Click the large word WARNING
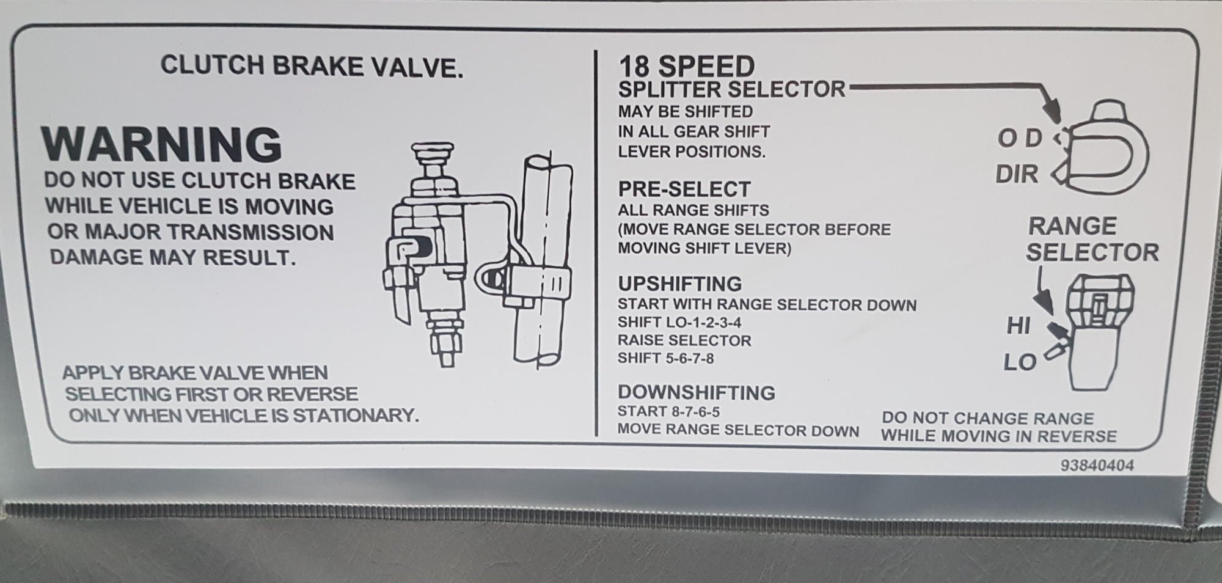coord(162,144)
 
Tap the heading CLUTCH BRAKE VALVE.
coord(312,66)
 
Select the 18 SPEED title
coord(686,66)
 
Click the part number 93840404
coord(1097,466)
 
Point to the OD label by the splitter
coord(1020,139)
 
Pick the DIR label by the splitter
coord(1017,175)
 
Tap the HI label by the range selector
coord(1019,326)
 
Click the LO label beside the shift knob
coord(1020,363)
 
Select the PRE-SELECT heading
coord(684,189)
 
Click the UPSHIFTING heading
coord(679,284)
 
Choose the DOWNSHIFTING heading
coord(696,392)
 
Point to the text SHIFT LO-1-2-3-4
coord(679,323)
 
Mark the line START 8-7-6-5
coord(668,411)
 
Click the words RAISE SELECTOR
coord(684,340)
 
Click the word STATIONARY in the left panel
coord(356,416)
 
